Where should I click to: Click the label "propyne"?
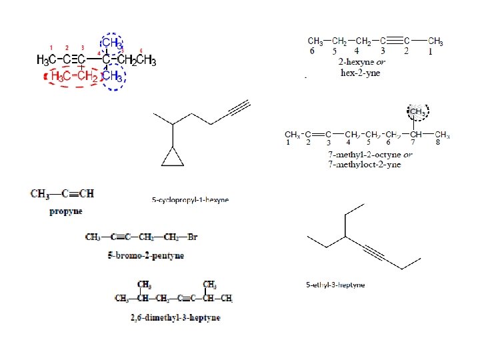click(x=66, y=211)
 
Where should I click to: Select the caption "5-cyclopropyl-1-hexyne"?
click(x=190, y=199)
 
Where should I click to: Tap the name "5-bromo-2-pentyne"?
click(x=145, y=255)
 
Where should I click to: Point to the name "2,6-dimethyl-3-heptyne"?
click(x=175, y=317)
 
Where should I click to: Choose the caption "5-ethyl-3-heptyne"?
click(x=335, y=285)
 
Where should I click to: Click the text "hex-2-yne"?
click(x=360, y=73)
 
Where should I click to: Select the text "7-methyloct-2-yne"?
click(x=364, y=165)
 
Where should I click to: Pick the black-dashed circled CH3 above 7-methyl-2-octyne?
click(x=418, y=111)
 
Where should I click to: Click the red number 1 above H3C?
click(x=51, y=48)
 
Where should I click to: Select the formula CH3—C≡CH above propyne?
click(x=62, y=194)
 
